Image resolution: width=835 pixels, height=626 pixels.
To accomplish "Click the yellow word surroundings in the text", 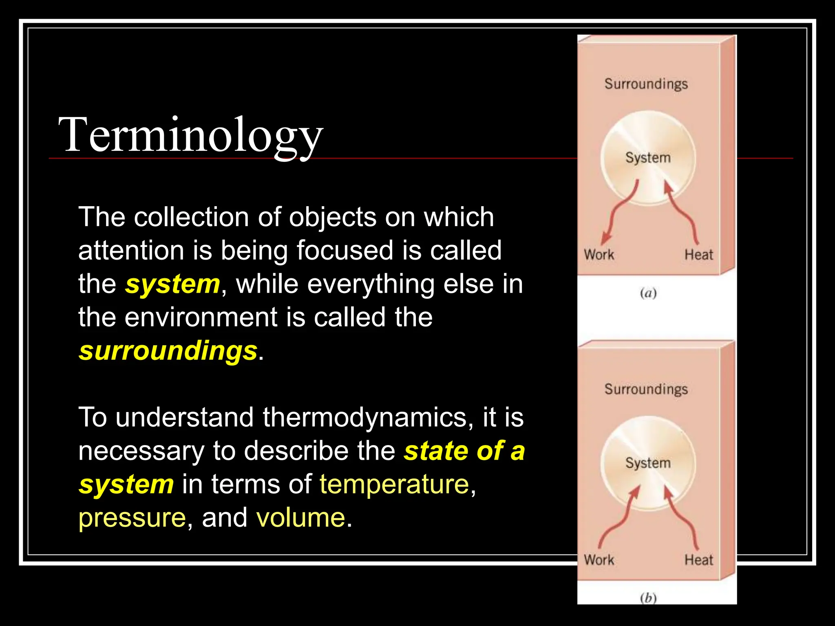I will [x=168, y=350].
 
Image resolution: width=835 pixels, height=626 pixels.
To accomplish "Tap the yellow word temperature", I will [x=394, y=484].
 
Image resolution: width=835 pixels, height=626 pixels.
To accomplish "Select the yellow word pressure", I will [x=132, y=518].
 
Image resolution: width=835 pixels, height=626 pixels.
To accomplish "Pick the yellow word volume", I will [x=300, y=518].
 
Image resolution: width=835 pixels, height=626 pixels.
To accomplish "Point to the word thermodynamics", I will [x=364, y=417].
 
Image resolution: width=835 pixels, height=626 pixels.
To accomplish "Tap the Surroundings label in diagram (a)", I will [x=646, y=84].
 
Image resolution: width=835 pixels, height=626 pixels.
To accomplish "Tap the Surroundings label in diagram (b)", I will [x=646, y=389].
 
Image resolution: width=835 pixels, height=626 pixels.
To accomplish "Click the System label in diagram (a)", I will [x=648, y=158].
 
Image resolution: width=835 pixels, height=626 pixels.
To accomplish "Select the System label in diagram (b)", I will [x=648, y=463].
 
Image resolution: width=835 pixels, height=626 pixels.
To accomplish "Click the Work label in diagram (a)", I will [x=599, y=255].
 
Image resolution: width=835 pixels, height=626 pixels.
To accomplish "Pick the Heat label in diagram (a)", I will [x=698, y=255].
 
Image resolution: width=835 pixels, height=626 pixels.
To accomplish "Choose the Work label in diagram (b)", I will [x=599, y=560].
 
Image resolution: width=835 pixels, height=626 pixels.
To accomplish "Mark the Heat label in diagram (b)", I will [x=698, y=560].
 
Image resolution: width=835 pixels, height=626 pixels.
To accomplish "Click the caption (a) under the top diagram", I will [x=648, y=293].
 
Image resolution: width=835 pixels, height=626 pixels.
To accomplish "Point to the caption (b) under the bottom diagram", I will [x=648, y=598].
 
